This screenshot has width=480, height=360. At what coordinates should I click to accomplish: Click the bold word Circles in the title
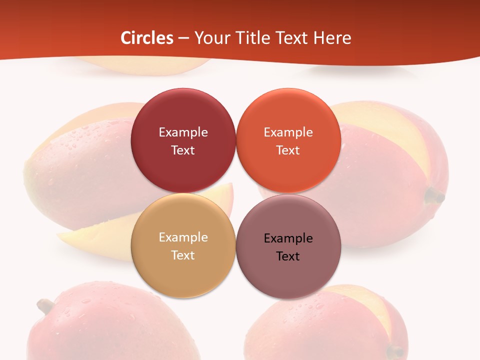pos(146,38)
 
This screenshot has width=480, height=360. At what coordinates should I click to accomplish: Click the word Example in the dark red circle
pos(183,132)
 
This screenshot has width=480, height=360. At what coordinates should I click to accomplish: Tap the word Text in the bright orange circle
pos(288,150)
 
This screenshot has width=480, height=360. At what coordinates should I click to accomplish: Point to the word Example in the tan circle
pos(183,237)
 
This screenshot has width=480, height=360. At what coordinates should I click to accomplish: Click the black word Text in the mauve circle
pos(288,256)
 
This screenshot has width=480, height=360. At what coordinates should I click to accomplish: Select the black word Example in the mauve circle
pos(288,238)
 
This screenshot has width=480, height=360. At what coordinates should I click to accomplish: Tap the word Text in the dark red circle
pos(183,150)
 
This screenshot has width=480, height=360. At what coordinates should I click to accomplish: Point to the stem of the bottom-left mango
pos(45,305)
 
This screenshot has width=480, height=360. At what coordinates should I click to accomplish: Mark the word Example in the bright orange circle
pos(288,132)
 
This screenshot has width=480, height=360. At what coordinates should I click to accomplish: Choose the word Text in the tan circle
pos(183,255)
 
